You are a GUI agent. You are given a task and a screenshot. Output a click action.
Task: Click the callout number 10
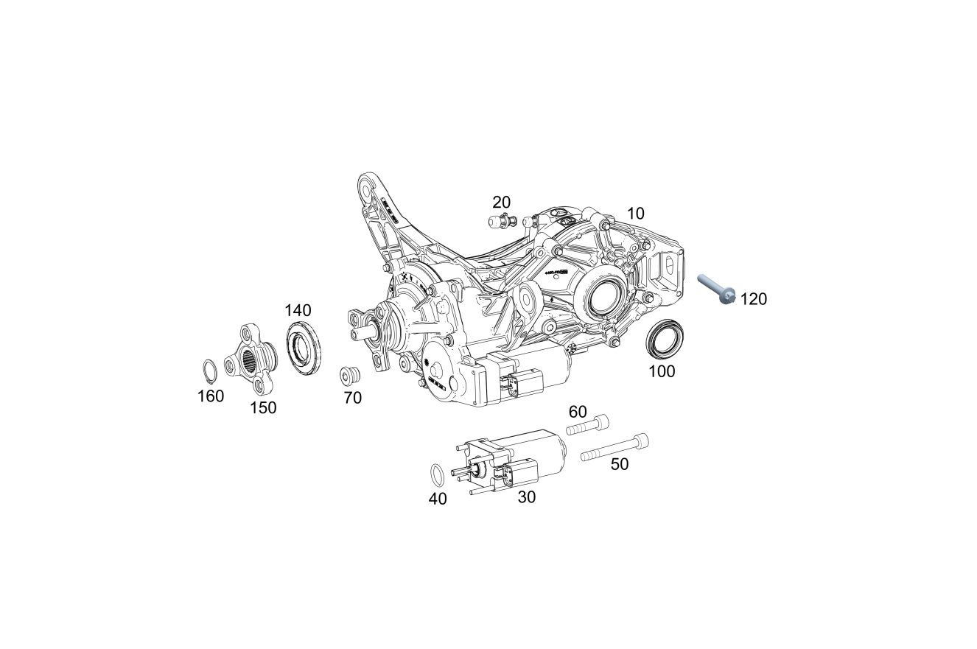click(635, 214)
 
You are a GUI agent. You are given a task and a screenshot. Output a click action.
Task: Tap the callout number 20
click(502, 202)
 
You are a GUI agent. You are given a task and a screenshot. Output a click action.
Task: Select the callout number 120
click(754, 299)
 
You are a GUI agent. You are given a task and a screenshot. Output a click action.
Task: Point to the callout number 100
click(662, 371)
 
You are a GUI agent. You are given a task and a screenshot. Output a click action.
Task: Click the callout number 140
click(298, 310)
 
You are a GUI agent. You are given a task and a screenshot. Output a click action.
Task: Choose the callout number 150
click(263, 407)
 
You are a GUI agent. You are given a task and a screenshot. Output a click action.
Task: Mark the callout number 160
click(211, 396)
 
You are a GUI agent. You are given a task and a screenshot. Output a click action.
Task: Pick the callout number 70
click(353, 398)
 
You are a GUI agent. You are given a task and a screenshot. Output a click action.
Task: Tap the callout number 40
click(438, 499)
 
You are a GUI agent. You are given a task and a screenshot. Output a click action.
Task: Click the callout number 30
click(527, 497)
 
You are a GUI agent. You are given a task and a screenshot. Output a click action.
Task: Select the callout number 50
click(620, 464)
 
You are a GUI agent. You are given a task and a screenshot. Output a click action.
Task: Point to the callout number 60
click(578, 411)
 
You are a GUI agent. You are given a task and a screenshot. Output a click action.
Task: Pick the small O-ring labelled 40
click(437, 472)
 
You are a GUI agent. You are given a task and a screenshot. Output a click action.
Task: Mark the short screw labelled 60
click(588, 424)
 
